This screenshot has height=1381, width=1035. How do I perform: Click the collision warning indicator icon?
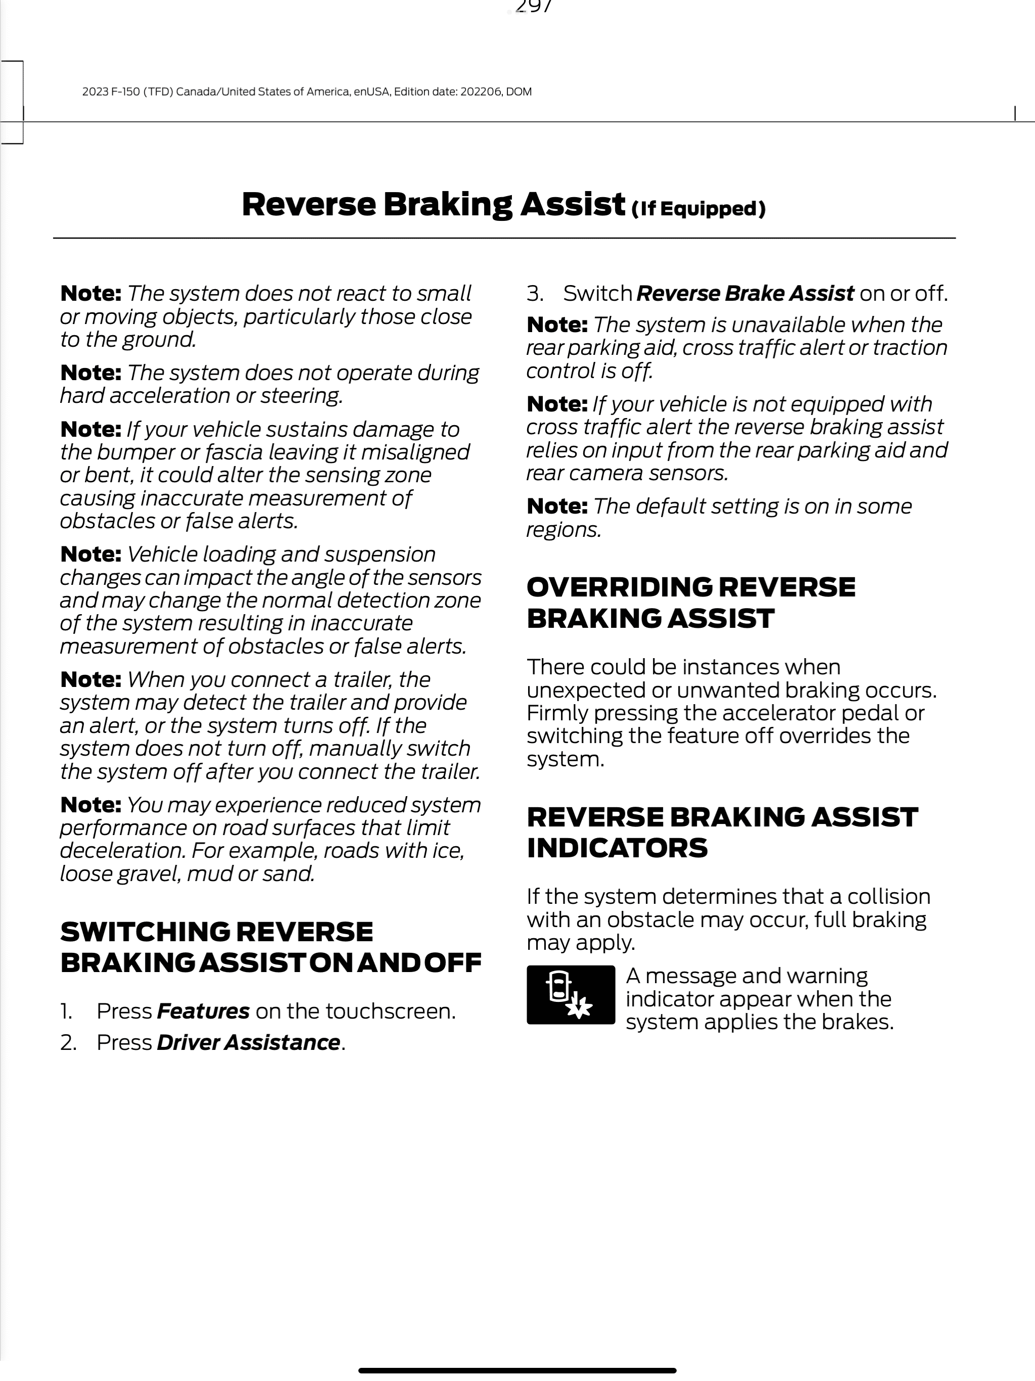tap(571, 994)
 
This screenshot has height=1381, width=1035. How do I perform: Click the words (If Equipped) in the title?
tap(698, 209)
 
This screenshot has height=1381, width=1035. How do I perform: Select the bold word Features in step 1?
tap(203, 1011)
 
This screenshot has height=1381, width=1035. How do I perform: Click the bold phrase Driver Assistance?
tap(248, 1043)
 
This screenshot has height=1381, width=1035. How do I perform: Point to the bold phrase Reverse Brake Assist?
tap(745, 293)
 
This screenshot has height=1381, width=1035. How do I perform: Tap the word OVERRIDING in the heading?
tap(619, 587)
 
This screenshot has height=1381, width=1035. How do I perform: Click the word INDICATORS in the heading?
tap(617, 848)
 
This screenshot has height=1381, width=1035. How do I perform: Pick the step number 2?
tap(67, 1043)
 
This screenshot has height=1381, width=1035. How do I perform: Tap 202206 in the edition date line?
tap(480, 92)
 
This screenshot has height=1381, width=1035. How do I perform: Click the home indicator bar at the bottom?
tap(517, 1370)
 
